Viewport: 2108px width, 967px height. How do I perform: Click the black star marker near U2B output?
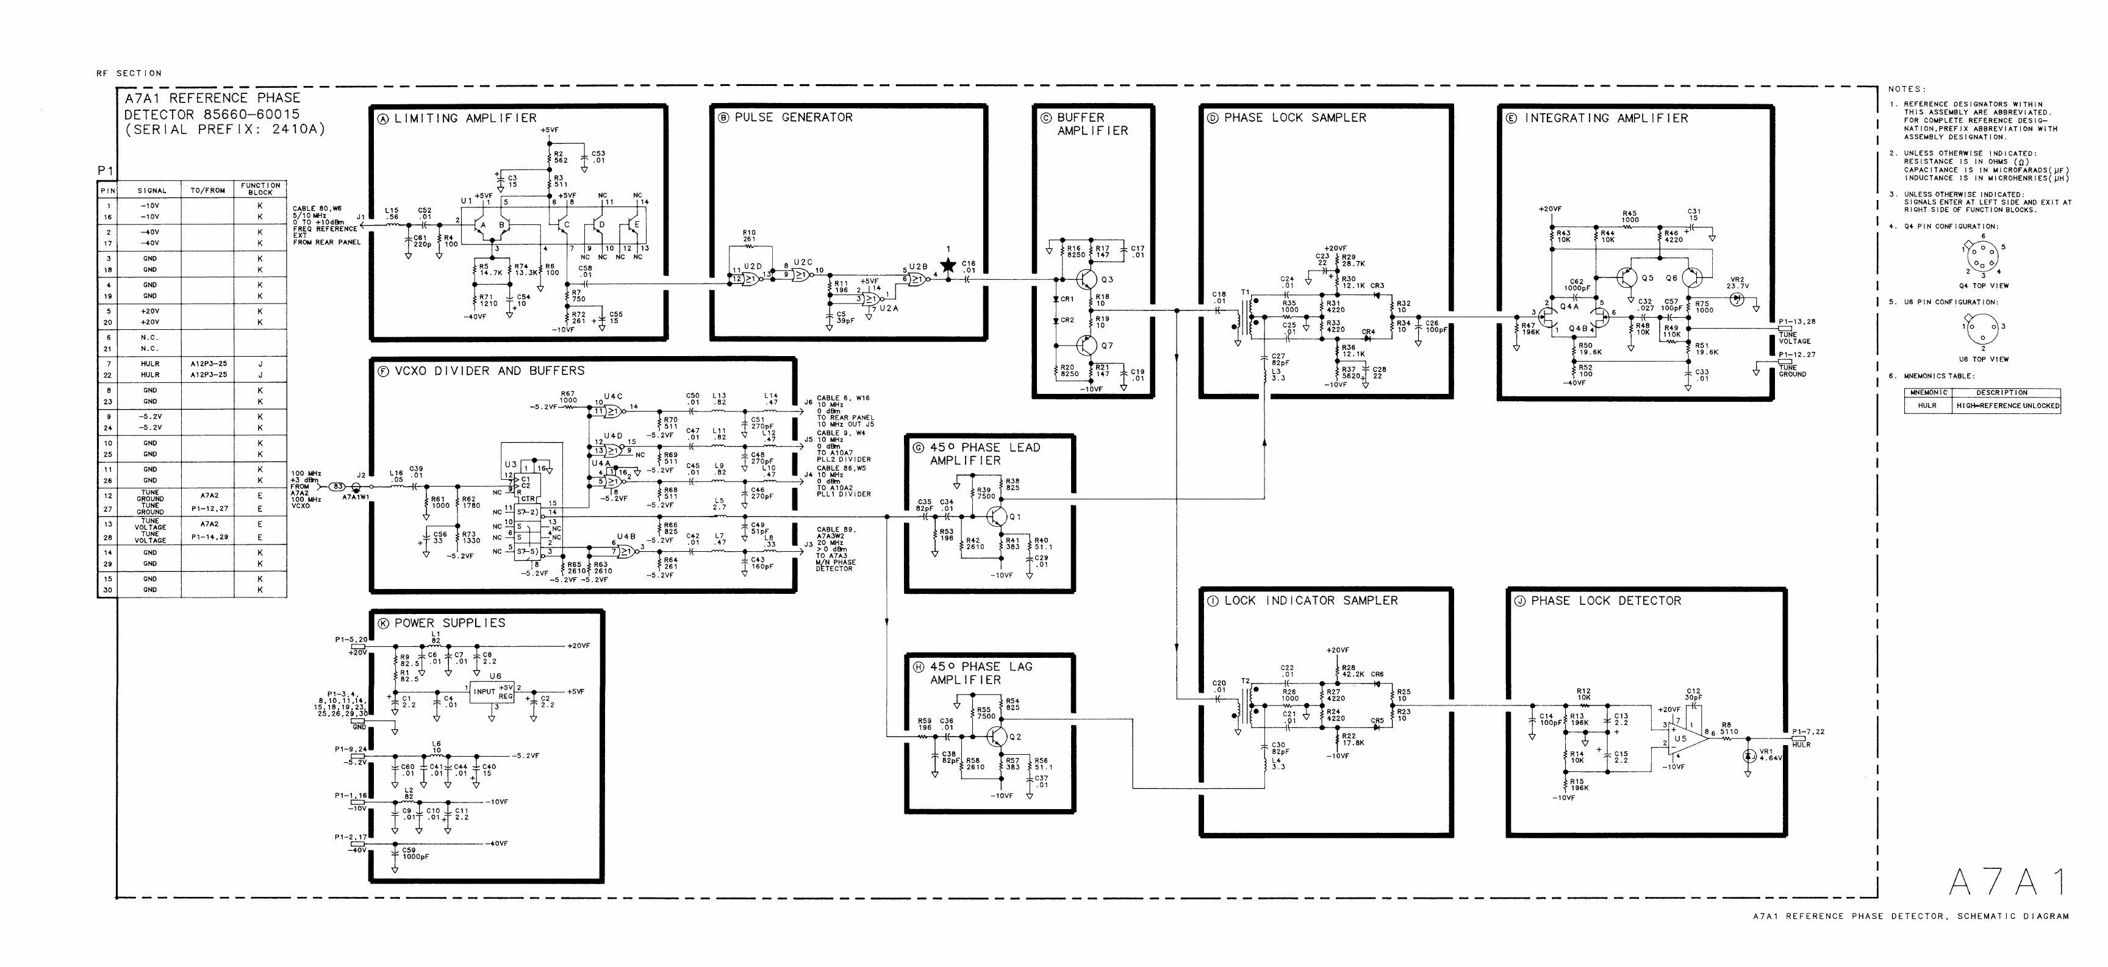tap(948, 265)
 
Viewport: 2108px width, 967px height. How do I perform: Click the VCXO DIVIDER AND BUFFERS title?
tap(489, 371)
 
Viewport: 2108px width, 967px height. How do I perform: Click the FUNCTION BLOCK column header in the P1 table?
tap(260, 189)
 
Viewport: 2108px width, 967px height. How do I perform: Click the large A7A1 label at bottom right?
tap(2007, 882)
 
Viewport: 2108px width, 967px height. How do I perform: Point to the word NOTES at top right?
tap(1907, 89)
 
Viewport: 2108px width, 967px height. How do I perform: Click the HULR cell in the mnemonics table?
tap(1927, 406)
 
